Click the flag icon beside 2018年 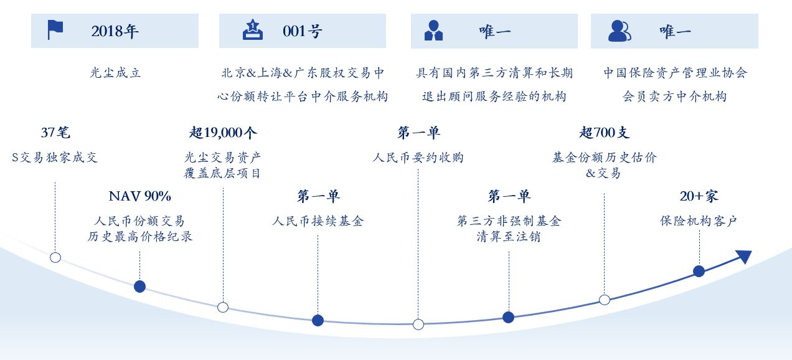pos(55,30)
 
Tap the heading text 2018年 pos(115,31)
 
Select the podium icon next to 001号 pos(252,30)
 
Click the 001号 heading pos(303,31)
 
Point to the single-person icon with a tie pos(433,31)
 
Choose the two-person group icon pos(620,31)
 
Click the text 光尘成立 pos(115,73)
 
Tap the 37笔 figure pos(55,133)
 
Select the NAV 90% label pos(139,196)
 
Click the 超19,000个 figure pos(223,133)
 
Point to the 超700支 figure pos(604,133)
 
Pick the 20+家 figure pos(699,196)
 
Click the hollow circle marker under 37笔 pos(55,257)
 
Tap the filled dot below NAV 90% pos(139,287)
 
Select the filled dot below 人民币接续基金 pos(318,320)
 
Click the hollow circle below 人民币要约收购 pos(418,324)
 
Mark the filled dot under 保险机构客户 pos(699,271)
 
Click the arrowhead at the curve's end pos(745,256)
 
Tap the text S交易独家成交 pos(54,158)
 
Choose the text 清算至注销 pos(509,236)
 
